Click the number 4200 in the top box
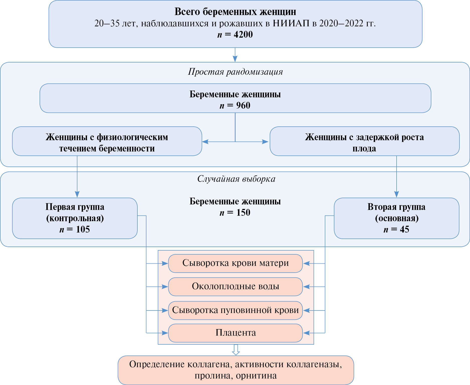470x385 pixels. (x=243, y=34)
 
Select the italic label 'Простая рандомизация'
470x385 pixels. (x=235, y=72)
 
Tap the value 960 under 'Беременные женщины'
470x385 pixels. (x=243, y=105)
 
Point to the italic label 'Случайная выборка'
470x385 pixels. (x=236, y=179)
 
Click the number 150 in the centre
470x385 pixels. (x=243, y=212)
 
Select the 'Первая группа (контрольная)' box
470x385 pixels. (x=75, y=218)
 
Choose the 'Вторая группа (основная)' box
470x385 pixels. (x=397, y=218)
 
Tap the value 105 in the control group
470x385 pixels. (x=83, y=229)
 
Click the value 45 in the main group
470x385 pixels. (x=404, y=229)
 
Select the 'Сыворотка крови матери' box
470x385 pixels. (x=235, y=263)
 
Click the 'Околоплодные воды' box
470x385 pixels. (x=235, y=286)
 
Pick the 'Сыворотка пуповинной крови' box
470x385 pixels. (x=235, y=310)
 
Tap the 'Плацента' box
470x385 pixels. (x=235, y=333)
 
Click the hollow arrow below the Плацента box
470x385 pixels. (x=236, y=350)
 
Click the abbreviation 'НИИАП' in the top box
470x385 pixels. (x=291, y=23)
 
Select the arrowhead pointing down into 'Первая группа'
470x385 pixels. (x=77, y=194)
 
